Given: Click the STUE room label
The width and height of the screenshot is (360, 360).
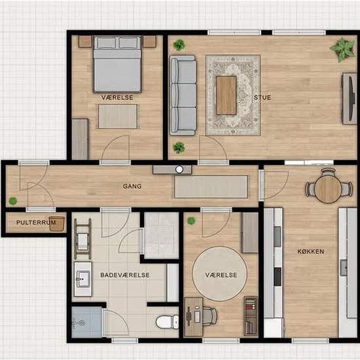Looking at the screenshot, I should pyautogui.click(x=262, y=98).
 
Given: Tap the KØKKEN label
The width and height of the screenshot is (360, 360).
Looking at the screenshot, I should pyautogui.click(x=311, y=251).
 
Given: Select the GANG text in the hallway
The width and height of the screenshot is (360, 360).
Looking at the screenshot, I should pyautogui.click(x=132, y=186).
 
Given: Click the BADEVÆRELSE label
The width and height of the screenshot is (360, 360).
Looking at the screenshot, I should pyautogui.click(x=125, y=276).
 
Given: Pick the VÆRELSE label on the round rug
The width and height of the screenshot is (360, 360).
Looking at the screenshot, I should pyautogui.click(x=221, y=276).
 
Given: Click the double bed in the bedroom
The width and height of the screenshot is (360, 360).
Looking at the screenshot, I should pyautogui.click(x=117, y=64).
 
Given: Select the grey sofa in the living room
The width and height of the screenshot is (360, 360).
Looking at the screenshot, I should pyautogui.click(x=183, y=95).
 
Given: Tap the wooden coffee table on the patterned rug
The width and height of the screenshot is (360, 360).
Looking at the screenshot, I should pyautogui.click(x=226, y=95).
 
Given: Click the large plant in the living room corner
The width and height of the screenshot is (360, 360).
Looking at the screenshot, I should pyautogui.click(x=341, y=49).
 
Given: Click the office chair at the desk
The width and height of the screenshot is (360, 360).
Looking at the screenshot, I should pyautogui.click(x=208, y=317).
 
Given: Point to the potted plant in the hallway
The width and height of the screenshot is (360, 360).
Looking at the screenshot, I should pyautogui.click(x=12, y=201).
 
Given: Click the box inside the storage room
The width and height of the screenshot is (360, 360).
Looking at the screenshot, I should pyautogui.click(x=57, y=223).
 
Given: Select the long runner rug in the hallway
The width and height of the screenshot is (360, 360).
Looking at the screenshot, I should pyautogui.click(x=211, y=187).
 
